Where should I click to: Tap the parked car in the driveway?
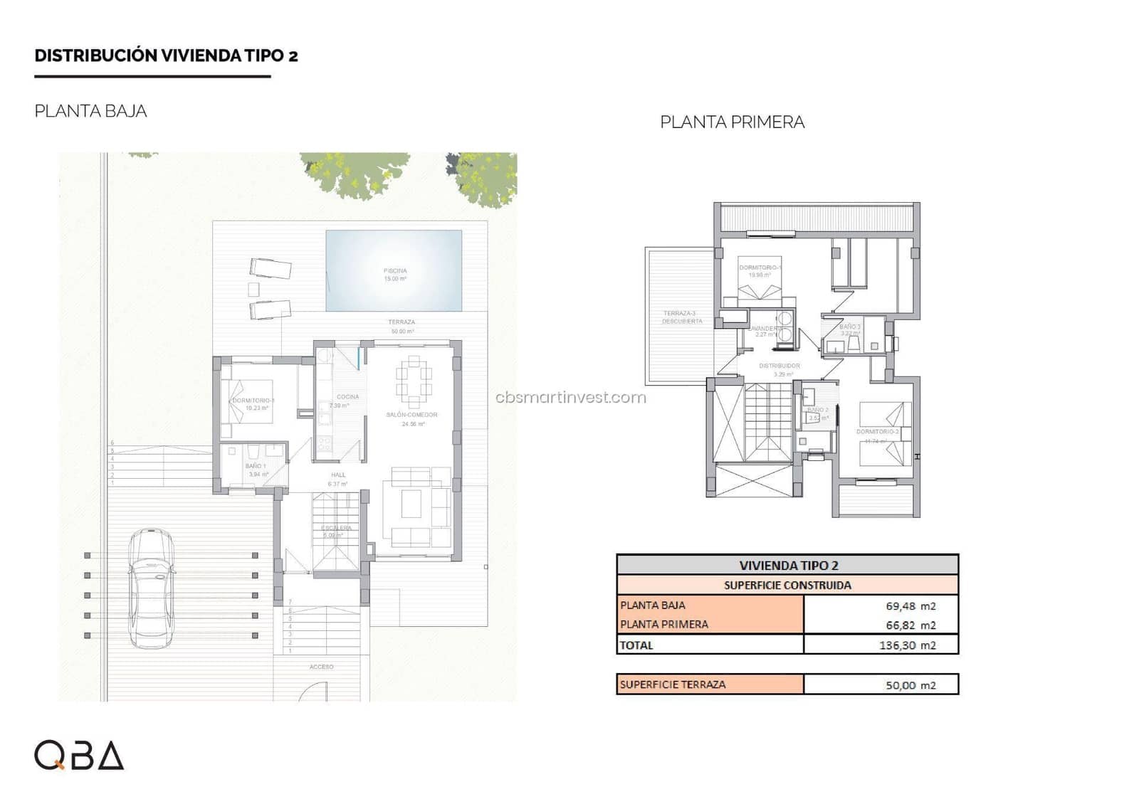(151, 588)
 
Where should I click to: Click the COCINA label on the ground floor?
(347, 397)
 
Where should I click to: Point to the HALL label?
(338, 475)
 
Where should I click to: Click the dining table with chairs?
(414, 380)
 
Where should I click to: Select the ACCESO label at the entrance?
(321, 667)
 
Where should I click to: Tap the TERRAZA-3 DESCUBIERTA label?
(680, 317)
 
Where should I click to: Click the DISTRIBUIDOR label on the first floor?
(779, 366)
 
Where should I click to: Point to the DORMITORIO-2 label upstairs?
(877, 432)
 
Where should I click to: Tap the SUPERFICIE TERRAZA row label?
(673, 684)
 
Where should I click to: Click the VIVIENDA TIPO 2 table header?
(788, 566)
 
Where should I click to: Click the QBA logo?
(79, 755)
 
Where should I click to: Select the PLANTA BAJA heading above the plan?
(90, 111)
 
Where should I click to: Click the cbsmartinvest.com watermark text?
(571, 397)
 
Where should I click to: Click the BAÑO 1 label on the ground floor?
(255, 467)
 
